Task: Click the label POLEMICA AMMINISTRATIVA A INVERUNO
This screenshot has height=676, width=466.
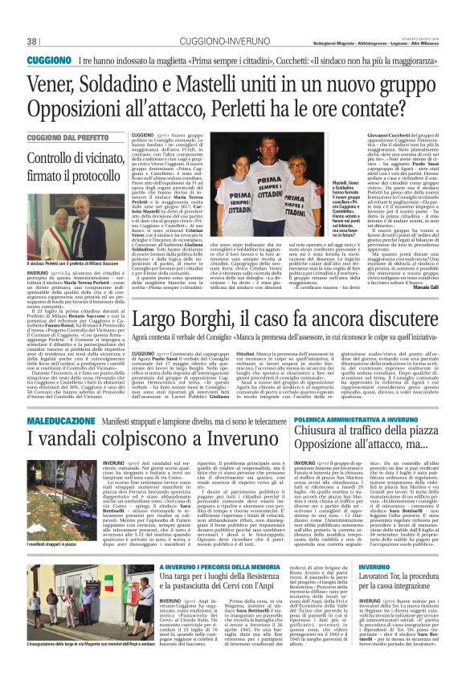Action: (358, 420)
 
